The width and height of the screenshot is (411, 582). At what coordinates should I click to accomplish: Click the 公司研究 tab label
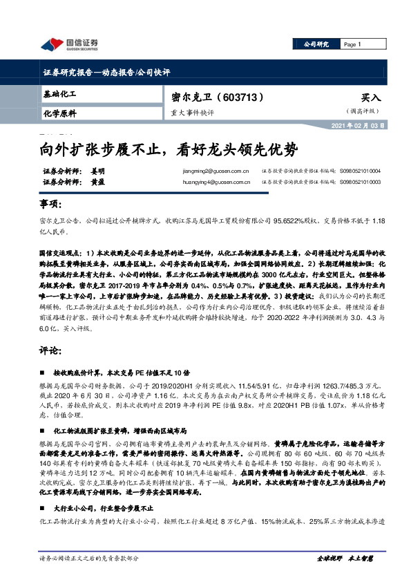point(316,44)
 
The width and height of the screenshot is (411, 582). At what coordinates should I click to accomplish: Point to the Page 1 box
point(353,44)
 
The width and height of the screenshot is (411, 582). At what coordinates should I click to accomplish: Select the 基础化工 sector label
point(59,93)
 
